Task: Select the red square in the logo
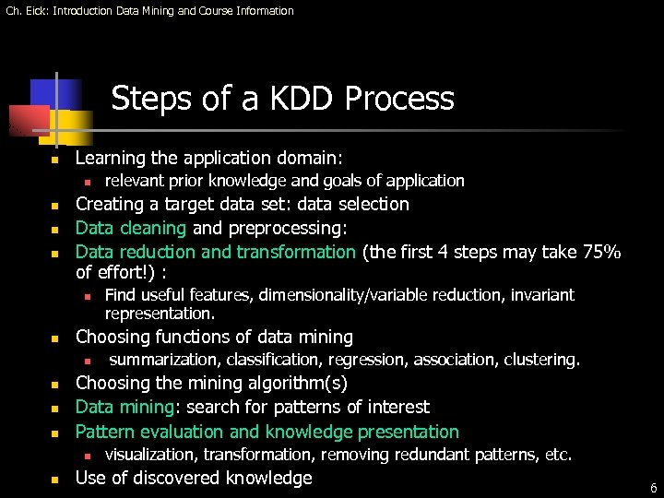click(x=28, y=120)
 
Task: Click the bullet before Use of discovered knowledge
click(x=55, y=480)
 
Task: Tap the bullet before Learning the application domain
click(x=55, y=160)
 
